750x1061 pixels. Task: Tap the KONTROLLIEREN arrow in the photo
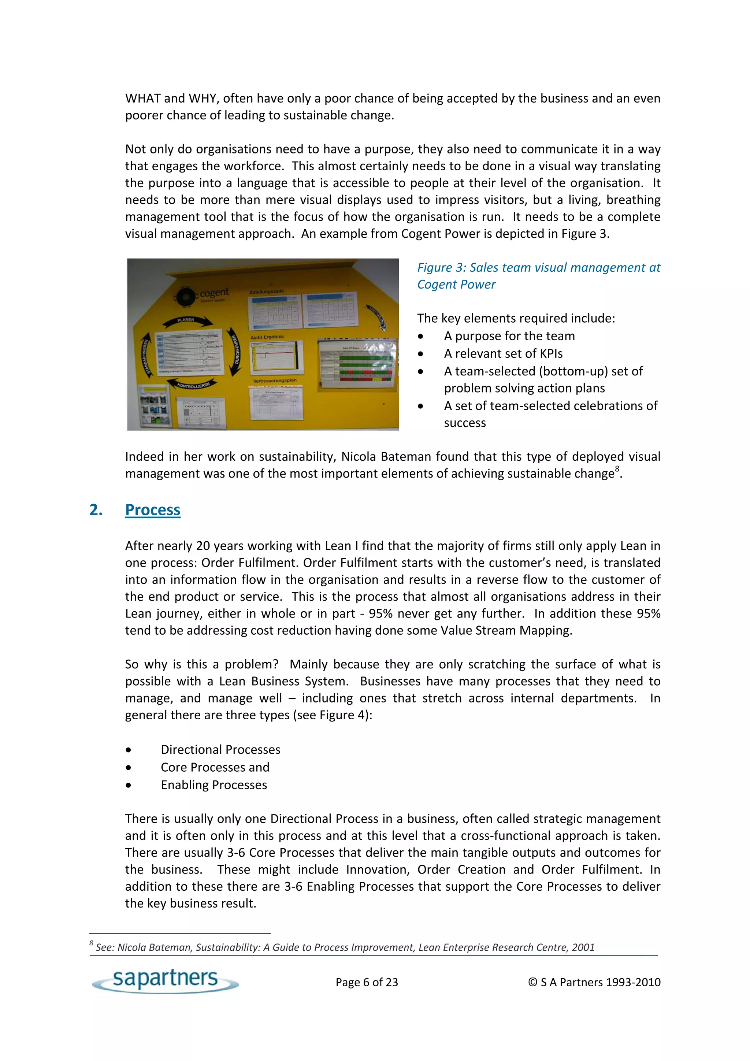point(194,385)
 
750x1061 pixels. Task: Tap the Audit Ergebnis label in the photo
point(267,337)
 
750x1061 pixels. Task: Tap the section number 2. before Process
point(96,510)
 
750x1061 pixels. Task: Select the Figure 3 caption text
point(538,276)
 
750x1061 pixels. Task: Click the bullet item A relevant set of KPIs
point(503,353)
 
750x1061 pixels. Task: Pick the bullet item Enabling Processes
point(214,784)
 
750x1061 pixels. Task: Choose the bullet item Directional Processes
point(220,750)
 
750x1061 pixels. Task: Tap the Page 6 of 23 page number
point(367,982)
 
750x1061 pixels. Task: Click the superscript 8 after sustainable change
point(617,469)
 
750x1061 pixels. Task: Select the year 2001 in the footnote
point(583,947)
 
